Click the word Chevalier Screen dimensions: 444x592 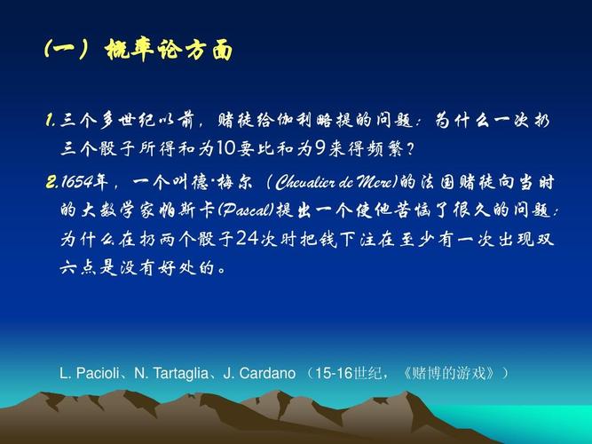[310, 182]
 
